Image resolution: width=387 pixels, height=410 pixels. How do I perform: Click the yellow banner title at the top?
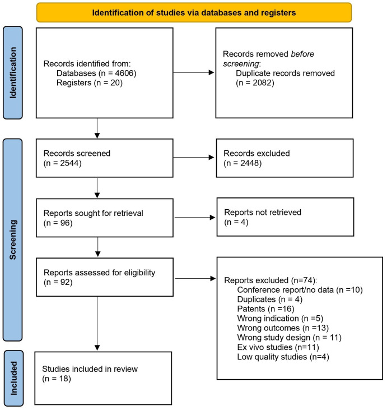(194, 12)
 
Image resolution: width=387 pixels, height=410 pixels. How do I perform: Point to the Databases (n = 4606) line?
(94, 73)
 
